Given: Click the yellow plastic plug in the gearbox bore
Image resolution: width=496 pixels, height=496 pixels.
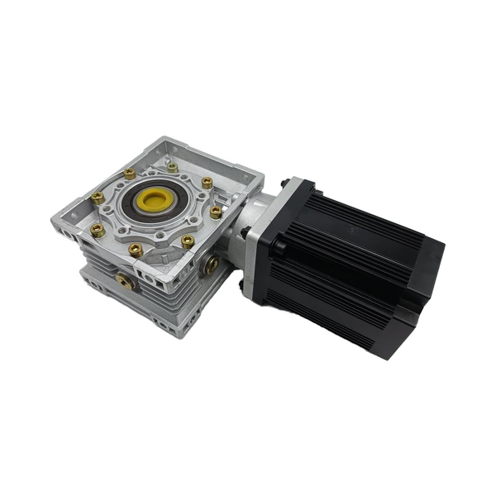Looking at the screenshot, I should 152,200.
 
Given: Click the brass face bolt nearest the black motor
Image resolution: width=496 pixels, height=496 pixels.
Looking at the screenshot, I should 216,212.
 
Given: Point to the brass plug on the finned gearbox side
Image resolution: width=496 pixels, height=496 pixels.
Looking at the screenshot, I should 126,281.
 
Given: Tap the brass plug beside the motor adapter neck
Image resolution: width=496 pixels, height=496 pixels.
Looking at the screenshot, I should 212,265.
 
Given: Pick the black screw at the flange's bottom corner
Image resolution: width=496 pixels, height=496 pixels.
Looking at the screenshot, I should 242,285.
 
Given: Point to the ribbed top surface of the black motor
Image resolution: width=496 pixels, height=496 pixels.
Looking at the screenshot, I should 364,219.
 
